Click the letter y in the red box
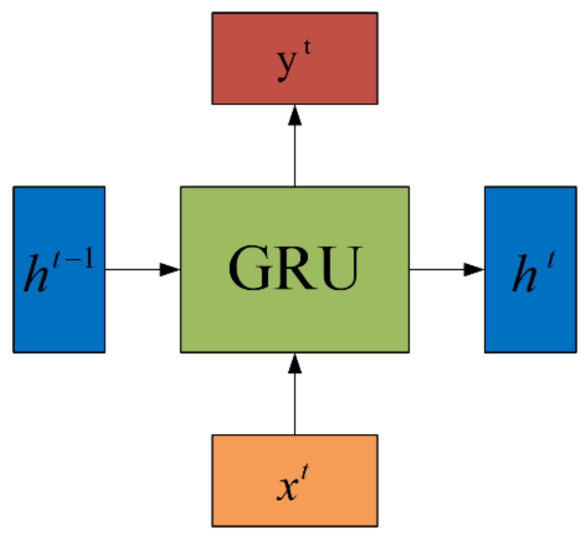pyautogui.click(x=287, y=65)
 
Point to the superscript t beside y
pyautogui.click(x=307, y=48)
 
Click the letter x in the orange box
pyautogui.click(x=287, y=488)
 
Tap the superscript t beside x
pyautogui.click(x=305, y=472)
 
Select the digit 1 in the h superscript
pyautogui.click(x=88, y=258)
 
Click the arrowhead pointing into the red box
pyautogui.click(x=295, y=116)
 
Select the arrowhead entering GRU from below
pyautogui.click(x=295, y=364)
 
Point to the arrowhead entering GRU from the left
pyautogui.click(x=169, y=269)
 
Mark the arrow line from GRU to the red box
pyautogui.click(x=295, y=156)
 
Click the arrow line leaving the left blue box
pyautogui.click(x=132, y=269)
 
